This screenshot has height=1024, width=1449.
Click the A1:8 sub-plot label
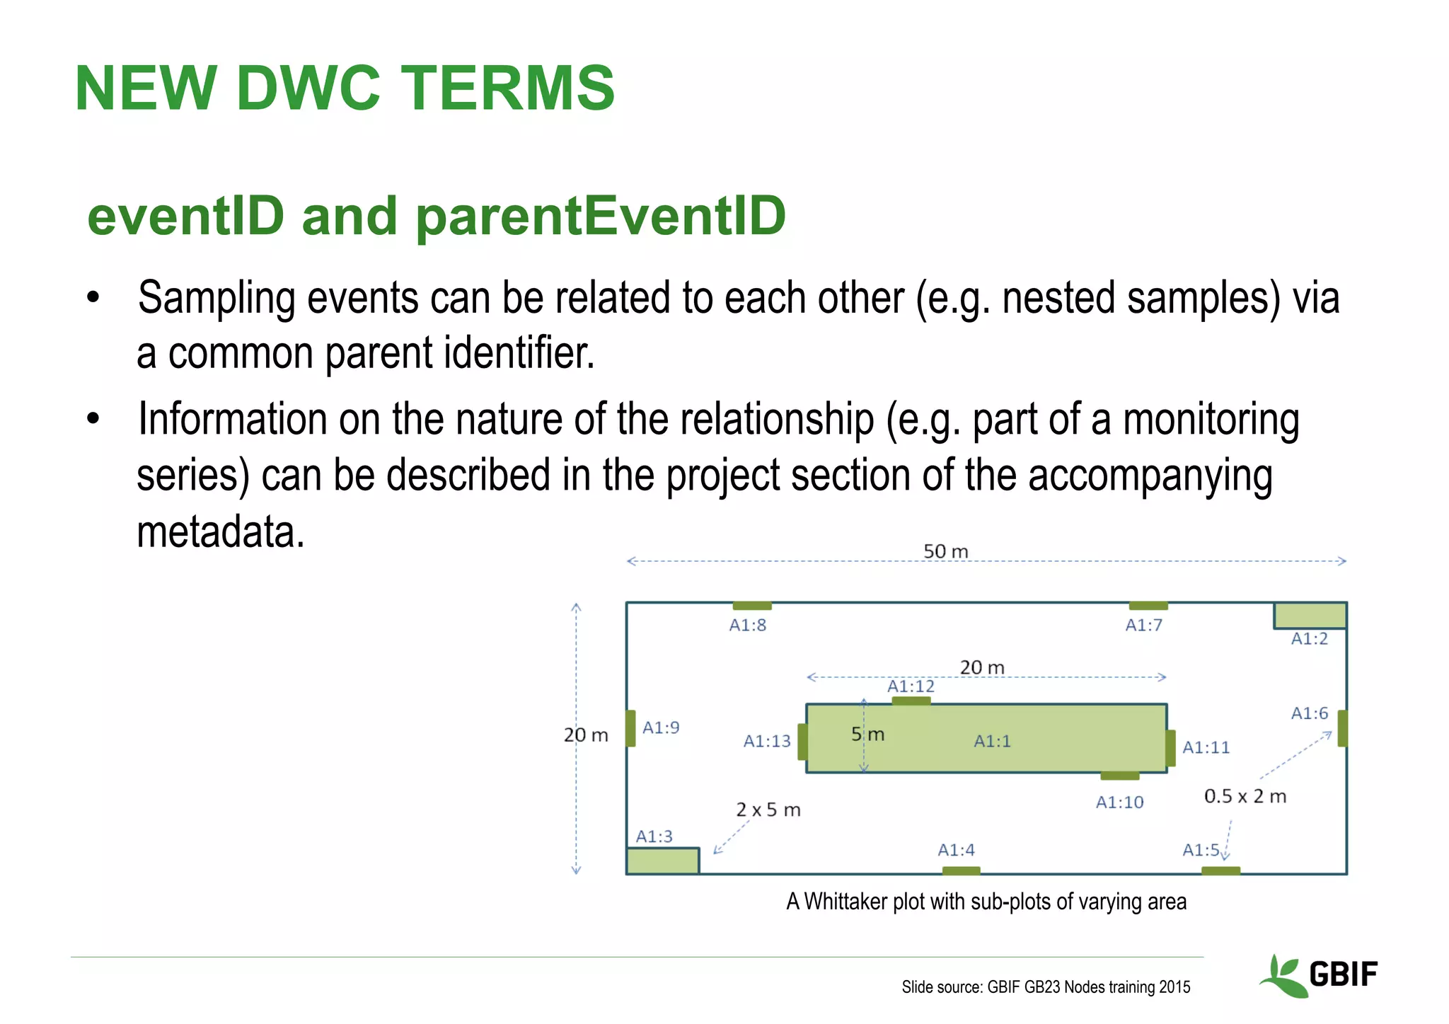click(747, 625)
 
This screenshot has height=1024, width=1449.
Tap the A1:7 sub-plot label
click(1143, 625)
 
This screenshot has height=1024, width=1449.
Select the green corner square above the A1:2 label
click(1310, 615)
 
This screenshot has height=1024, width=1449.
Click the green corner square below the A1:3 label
click(662, 861)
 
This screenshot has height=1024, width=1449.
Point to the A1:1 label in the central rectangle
click(992, 741)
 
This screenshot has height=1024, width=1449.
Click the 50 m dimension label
click(945, 551)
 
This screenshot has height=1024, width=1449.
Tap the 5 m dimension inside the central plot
click(868, 735)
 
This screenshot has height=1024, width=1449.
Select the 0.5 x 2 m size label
click(1245, 796)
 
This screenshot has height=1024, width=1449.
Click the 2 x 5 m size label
click(768, 810)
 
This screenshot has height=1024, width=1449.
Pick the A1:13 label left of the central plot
click(767, 741)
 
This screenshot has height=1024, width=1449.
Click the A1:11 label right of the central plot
click(1206, 747)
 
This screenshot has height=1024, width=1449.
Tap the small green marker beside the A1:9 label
click(630, 728)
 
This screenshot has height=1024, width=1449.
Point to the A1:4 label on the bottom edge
click(956, 849)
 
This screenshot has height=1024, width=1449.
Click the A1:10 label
click(1119, 802)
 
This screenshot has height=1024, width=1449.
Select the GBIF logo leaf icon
click(1282, 977)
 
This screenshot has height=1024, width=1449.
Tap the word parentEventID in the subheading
click(601, 216)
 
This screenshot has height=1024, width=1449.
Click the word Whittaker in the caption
click(845, 902)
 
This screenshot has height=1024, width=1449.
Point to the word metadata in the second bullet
click(220, 532)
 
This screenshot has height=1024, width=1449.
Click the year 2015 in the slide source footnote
click(1174, 987)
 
